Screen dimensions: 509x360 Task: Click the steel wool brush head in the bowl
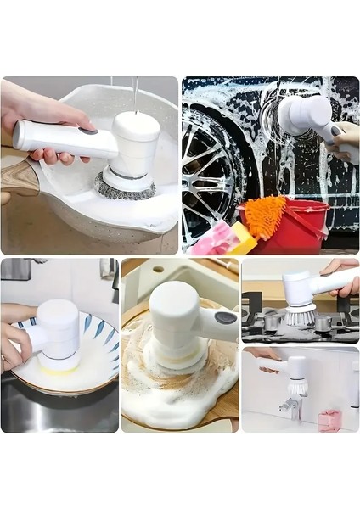coord(125,185)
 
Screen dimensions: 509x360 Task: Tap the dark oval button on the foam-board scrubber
coord(225,318)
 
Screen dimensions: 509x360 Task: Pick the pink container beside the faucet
coord(329,419)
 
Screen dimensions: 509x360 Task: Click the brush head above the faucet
coord(296,386)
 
